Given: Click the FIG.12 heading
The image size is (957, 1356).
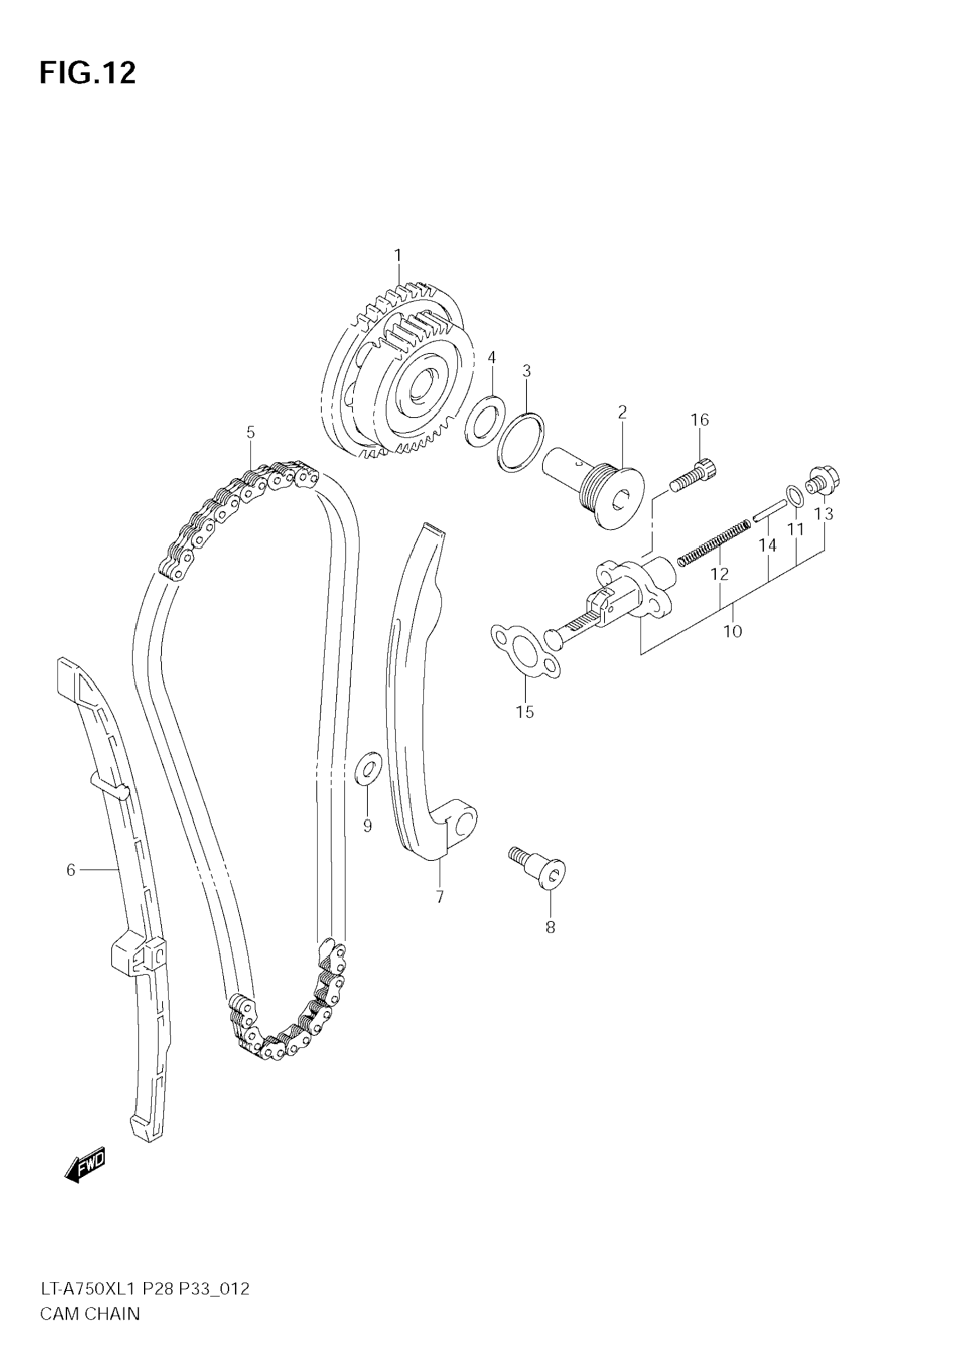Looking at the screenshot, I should pos(88,73).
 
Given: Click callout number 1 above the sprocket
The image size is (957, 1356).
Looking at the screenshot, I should pos(397,255).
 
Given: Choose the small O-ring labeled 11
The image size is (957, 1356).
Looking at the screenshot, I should pos(795,496).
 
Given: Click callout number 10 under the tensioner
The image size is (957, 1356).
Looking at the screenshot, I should pos(732,632).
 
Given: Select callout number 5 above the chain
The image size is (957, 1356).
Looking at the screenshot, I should pos(250,432).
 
